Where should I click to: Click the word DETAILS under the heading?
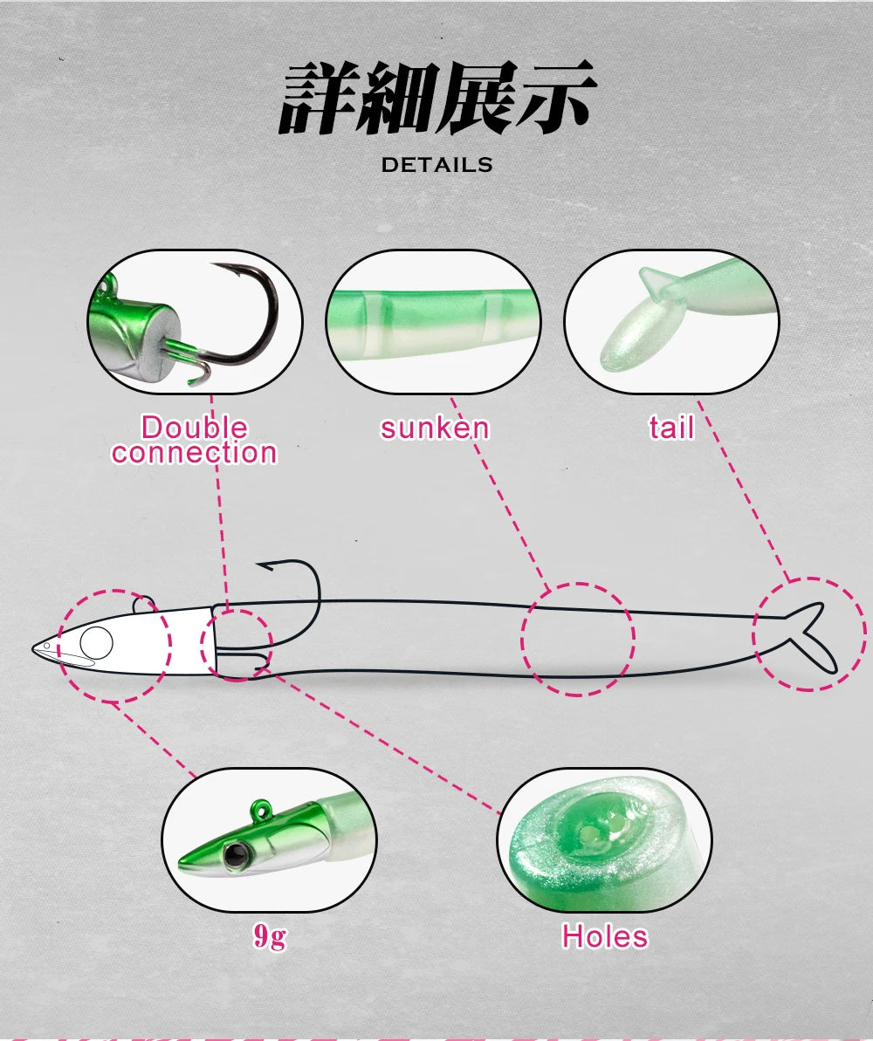[x=436, y=165]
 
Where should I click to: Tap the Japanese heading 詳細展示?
[x=437, y=98]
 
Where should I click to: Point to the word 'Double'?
[x=194, y=427]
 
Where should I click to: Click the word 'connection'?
[x=194, y=452]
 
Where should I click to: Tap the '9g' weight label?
[x=270, y=936]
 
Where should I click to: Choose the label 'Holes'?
[x=605, y=936]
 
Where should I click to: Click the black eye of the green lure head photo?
[x=233, y=854]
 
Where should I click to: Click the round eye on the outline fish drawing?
[x=96, y=642]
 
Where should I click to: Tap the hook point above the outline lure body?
[x=260, y=566]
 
